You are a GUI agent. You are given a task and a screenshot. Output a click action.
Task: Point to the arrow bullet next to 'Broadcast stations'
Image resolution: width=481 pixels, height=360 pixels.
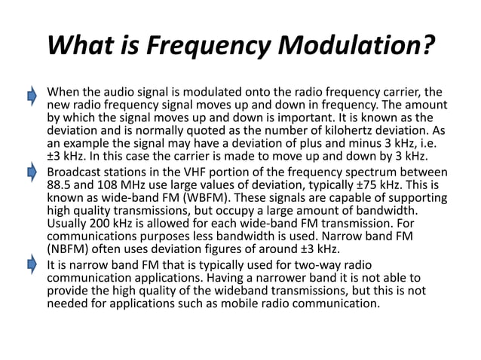32,173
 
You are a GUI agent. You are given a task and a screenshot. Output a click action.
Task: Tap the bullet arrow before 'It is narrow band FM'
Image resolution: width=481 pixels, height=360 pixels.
32,264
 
